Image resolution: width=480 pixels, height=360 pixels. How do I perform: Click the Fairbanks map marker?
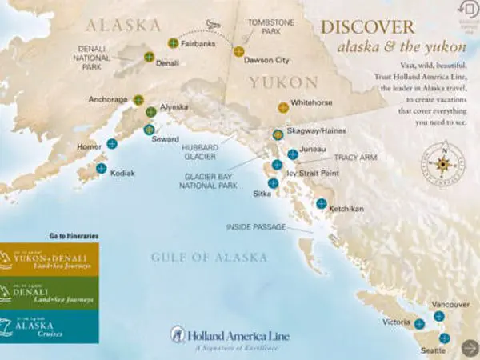[x=173, y=42]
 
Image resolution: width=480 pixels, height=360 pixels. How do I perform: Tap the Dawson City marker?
[x=238, y=52]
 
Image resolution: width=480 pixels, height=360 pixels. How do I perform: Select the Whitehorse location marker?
[x=283, y=106]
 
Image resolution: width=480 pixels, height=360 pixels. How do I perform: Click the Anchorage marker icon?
[x=138, y=100]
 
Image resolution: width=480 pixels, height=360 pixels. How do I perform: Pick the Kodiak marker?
[x=102, y=168]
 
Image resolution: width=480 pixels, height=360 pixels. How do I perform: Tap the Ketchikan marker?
[x=321, y=203]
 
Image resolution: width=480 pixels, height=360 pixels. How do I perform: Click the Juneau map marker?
[x=293, y=154]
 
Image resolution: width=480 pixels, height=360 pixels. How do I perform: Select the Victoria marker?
[x=419, y=323]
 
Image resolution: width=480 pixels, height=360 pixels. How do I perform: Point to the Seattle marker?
[x=445, y=338]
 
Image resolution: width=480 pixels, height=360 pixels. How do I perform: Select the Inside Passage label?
[x=256, y=227]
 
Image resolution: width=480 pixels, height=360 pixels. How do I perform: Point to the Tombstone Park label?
[x=266, y=27]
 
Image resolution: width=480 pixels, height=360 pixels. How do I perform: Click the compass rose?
[x=441, y=163]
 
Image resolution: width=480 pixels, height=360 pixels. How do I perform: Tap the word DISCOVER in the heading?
[x=368, y=26]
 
